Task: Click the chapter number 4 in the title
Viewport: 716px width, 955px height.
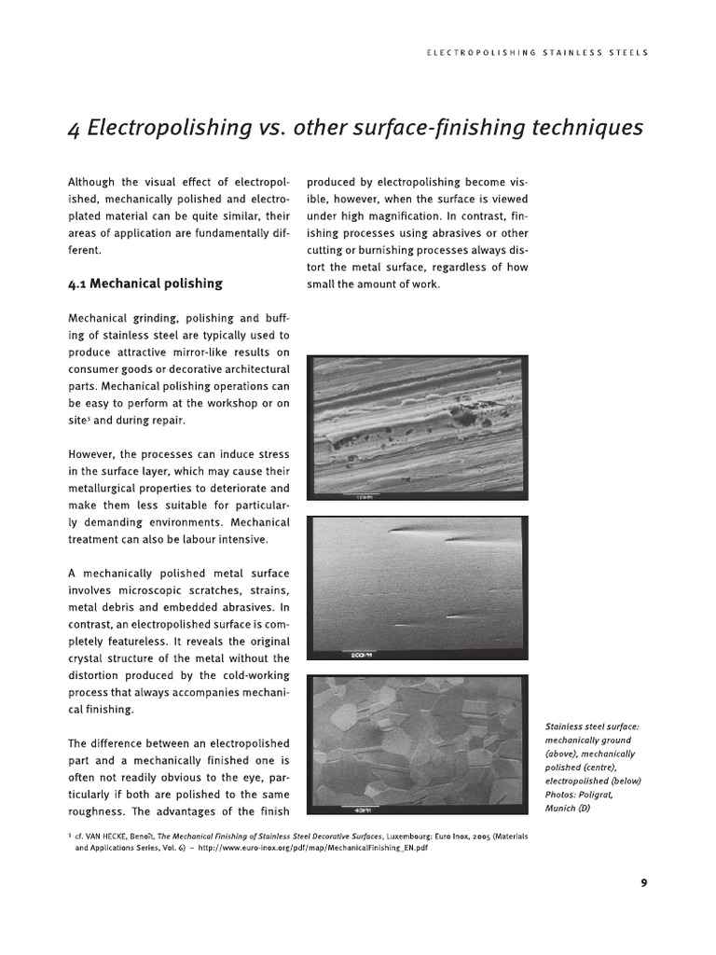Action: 74,129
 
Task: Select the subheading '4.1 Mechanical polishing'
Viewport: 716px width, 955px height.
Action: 145,284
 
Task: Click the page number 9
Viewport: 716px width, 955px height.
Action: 643,884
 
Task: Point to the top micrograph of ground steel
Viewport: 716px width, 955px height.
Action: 418,427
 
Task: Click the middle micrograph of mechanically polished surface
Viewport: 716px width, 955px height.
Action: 418,588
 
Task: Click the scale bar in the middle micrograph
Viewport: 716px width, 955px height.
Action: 363,655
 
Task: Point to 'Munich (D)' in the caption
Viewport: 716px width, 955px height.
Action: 568,808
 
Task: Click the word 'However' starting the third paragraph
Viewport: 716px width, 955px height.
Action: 91,454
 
